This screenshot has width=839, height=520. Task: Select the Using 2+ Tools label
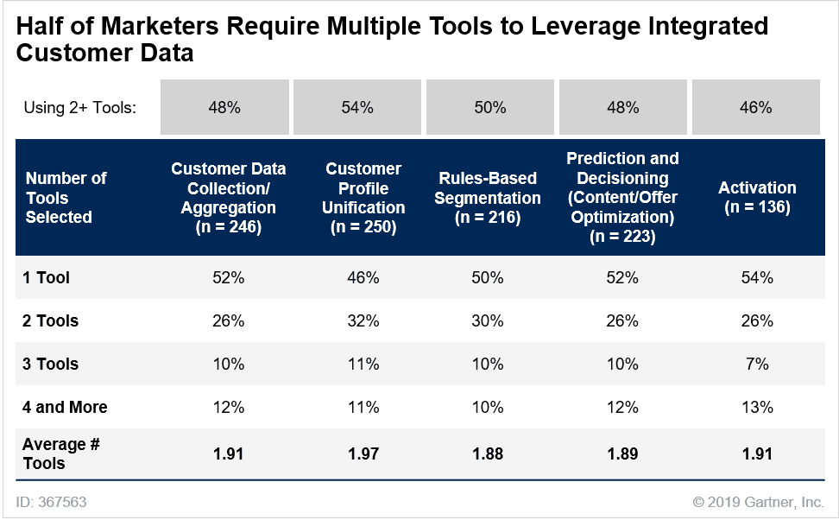80,108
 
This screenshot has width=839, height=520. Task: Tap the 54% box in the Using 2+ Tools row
357,108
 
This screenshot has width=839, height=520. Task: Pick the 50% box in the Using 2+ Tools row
489,108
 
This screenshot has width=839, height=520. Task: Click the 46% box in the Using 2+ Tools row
756,108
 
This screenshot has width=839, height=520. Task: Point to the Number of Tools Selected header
66,198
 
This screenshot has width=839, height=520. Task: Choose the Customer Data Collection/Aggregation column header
228,198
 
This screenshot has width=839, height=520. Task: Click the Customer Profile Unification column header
363,198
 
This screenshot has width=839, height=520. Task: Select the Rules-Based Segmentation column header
488,198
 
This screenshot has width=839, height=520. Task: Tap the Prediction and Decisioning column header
622,198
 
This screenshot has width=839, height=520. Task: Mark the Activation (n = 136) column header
757,198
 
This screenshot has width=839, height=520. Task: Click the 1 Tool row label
47,277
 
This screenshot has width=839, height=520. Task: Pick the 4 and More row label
65,407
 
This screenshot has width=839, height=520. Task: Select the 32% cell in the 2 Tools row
363,320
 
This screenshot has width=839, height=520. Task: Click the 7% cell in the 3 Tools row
757,364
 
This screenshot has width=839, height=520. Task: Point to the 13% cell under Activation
757,407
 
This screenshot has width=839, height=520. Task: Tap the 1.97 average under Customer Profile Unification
363,453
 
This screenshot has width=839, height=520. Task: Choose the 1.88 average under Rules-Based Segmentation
488,453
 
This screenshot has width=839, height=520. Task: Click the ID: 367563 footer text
51,502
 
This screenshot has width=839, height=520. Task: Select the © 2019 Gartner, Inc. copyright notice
758,502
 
